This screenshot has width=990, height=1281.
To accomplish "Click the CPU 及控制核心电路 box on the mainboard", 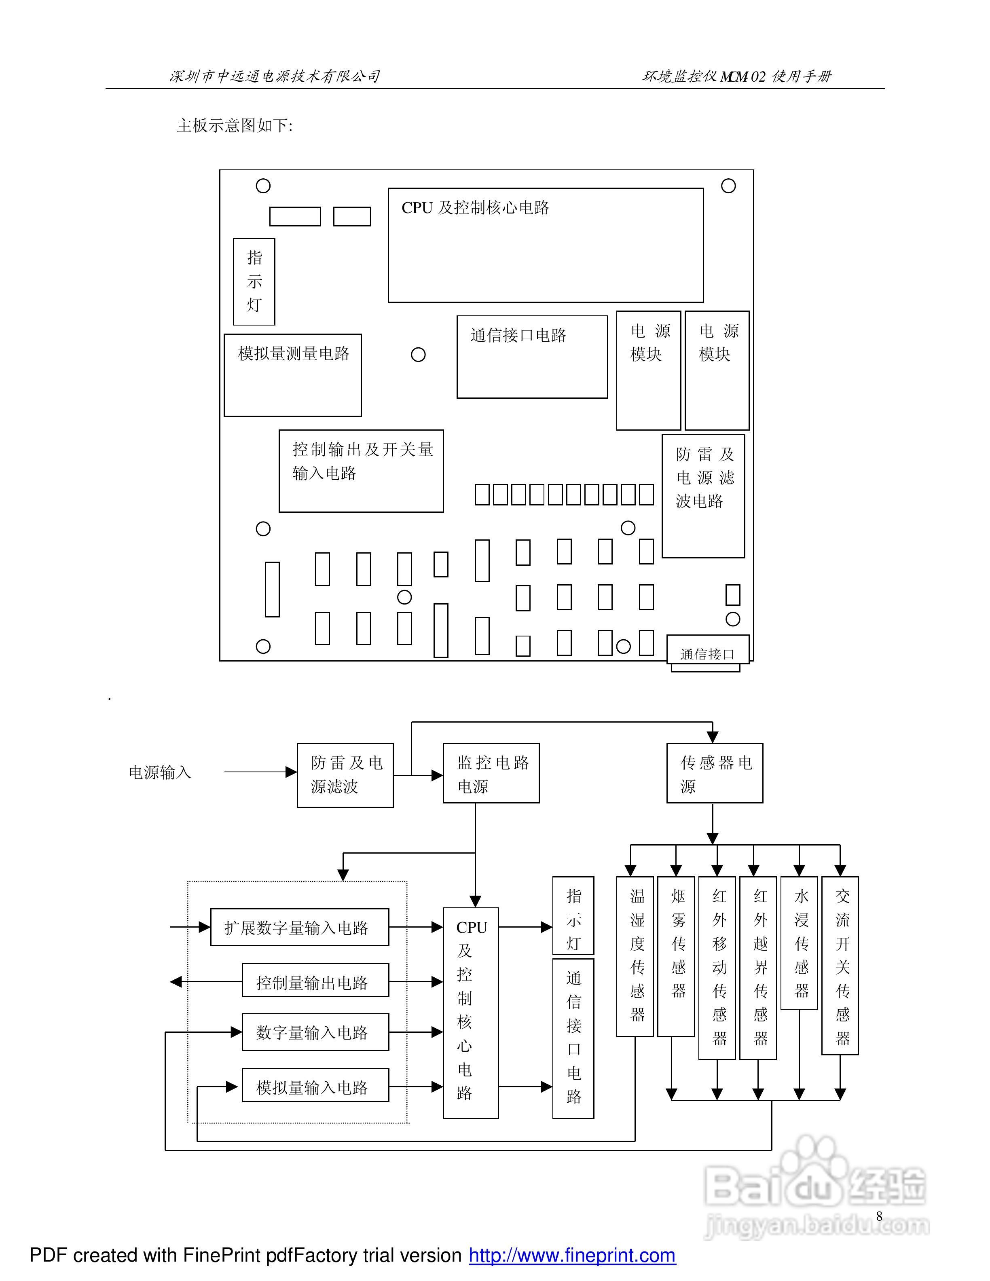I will (546, 245).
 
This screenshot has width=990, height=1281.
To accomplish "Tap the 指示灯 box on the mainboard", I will (254, 281).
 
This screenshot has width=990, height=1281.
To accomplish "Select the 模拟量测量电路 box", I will (293, 375).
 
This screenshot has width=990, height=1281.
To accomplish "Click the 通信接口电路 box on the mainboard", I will (532, 357).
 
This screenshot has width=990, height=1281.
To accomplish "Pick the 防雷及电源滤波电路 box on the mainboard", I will (703, 496).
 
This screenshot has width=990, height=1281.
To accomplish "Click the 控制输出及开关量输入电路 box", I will (361, 471).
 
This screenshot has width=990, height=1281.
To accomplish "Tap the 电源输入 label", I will (160, 772).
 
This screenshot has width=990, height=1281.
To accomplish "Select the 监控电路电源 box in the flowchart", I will (491, 773).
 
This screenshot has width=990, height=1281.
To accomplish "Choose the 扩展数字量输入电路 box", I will (299, 927).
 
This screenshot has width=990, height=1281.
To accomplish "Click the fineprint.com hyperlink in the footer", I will (572, 1255).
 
